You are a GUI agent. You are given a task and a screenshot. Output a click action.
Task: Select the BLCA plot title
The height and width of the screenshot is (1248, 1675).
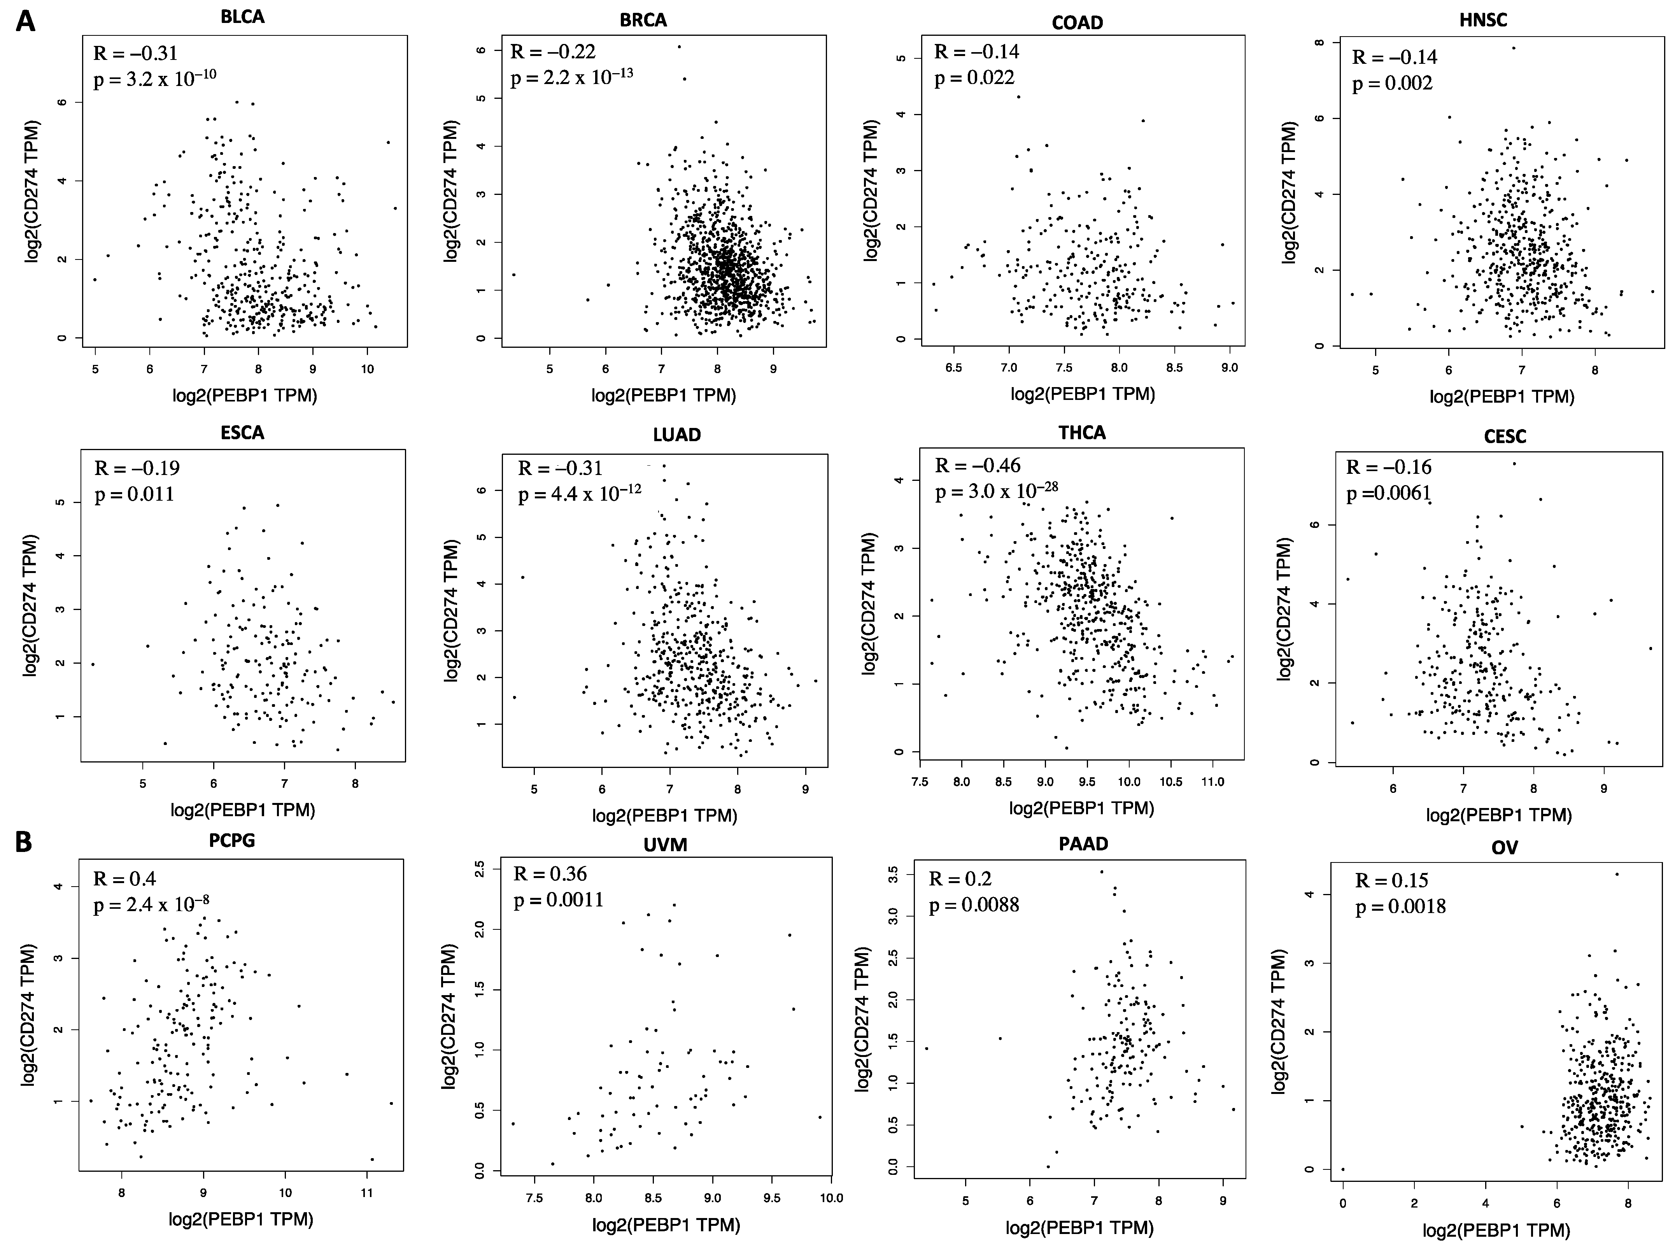click(242, 17)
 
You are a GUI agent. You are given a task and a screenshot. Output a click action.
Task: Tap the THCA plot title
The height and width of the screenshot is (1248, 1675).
click(1081, 433)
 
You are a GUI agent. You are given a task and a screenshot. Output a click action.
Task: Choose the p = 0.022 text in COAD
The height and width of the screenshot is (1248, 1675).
click(974, 78)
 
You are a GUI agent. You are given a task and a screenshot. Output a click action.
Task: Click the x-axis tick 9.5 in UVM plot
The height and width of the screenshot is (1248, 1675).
click(772, 1198)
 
